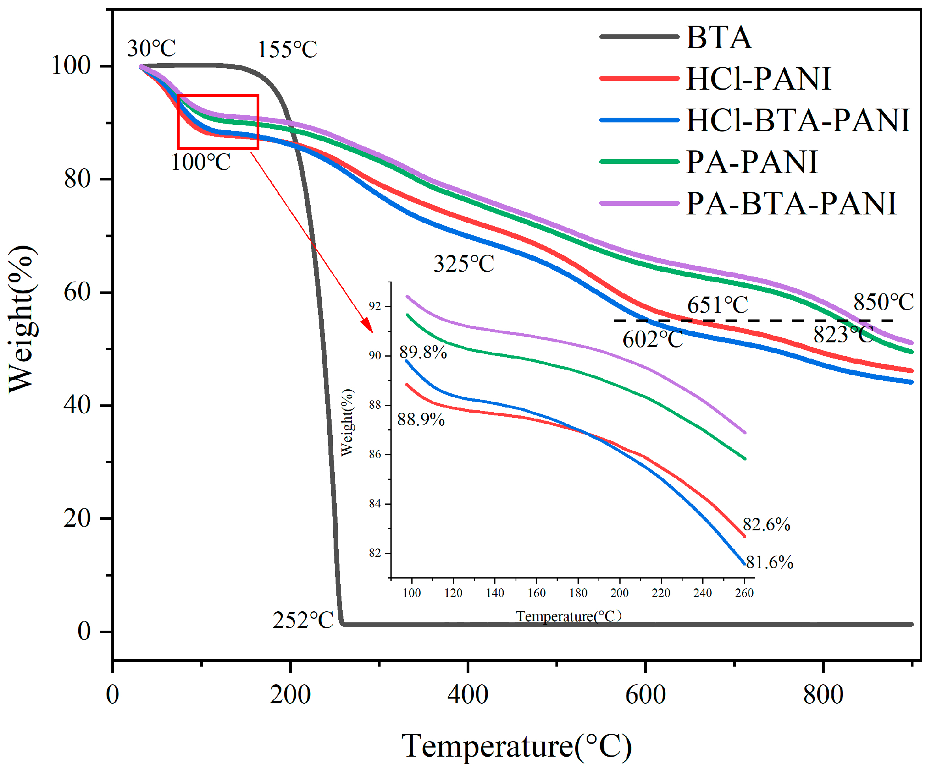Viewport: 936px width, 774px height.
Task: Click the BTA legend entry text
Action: [x=718, y=38]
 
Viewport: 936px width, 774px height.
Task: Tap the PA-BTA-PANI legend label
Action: [x=791, y=204]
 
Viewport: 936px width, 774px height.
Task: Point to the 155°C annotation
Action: [x=287, y=49]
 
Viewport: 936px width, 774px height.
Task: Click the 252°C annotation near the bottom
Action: [x=303, y=620]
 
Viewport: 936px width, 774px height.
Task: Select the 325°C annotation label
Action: [x=463, y=264]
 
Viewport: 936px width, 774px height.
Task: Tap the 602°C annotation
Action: [x=653, y=340]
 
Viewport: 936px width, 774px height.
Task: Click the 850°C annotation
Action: [x=883, y=302]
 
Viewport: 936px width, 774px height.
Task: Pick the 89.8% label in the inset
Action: [x=423, y=353]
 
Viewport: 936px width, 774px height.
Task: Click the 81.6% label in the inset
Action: [x=770, y=563]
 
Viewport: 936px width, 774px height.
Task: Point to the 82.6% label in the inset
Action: [x=767, y=525]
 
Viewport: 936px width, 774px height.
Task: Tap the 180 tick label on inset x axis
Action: [x=578, y=593]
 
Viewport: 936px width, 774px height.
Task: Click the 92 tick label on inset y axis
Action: [x=375, y=306]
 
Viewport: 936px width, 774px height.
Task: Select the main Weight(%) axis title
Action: [x=21, y=319]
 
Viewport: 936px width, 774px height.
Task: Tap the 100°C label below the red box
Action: [x=201, y=162]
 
